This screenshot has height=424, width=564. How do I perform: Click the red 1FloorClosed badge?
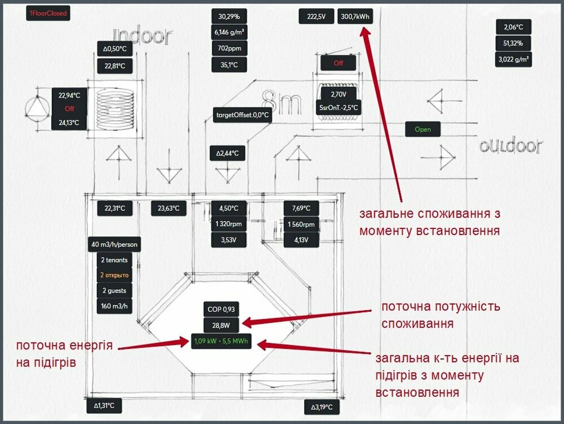48,13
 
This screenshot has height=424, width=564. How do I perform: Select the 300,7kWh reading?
355,17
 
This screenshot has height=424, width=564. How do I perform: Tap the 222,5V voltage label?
316,17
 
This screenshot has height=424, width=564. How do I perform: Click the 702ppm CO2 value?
229,48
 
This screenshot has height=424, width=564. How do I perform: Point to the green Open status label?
422,129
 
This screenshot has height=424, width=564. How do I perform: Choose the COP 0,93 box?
221,309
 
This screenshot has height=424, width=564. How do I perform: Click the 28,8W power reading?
221,325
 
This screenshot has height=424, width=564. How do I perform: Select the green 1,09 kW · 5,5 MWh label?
221,341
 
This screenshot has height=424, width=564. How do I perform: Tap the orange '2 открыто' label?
114,275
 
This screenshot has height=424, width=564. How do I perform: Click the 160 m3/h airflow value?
114,307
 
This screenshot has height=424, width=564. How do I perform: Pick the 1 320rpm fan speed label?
228,224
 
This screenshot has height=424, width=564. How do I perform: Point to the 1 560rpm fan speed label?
301,224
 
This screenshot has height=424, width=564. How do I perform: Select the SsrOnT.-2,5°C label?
338,107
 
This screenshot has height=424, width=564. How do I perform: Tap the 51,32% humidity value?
513,43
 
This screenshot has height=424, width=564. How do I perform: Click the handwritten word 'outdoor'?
510,147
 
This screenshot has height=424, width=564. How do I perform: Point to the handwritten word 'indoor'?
142,36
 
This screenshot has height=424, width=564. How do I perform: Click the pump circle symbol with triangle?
38,107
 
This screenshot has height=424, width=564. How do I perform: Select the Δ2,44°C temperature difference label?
228,153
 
